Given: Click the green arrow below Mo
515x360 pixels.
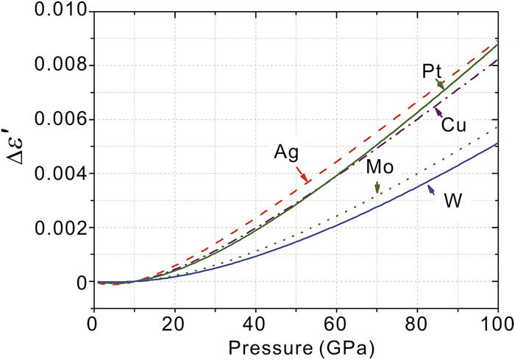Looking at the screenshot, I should point(377,188).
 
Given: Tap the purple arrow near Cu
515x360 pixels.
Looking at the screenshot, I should point(438,112).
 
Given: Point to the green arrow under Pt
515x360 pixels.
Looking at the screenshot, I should point(440,85).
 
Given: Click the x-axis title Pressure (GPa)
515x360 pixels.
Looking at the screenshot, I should point(294,343).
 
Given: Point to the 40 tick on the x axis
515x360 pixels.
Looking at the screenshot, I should point(255,322).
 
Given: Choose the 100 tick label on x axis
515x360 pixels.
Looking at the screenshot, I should point(498,322).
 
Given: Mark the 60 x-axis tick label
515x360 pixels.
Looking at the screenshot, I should point(336,322).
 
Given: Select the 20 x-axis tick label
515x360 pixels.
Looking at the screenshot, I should point(174,322).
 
